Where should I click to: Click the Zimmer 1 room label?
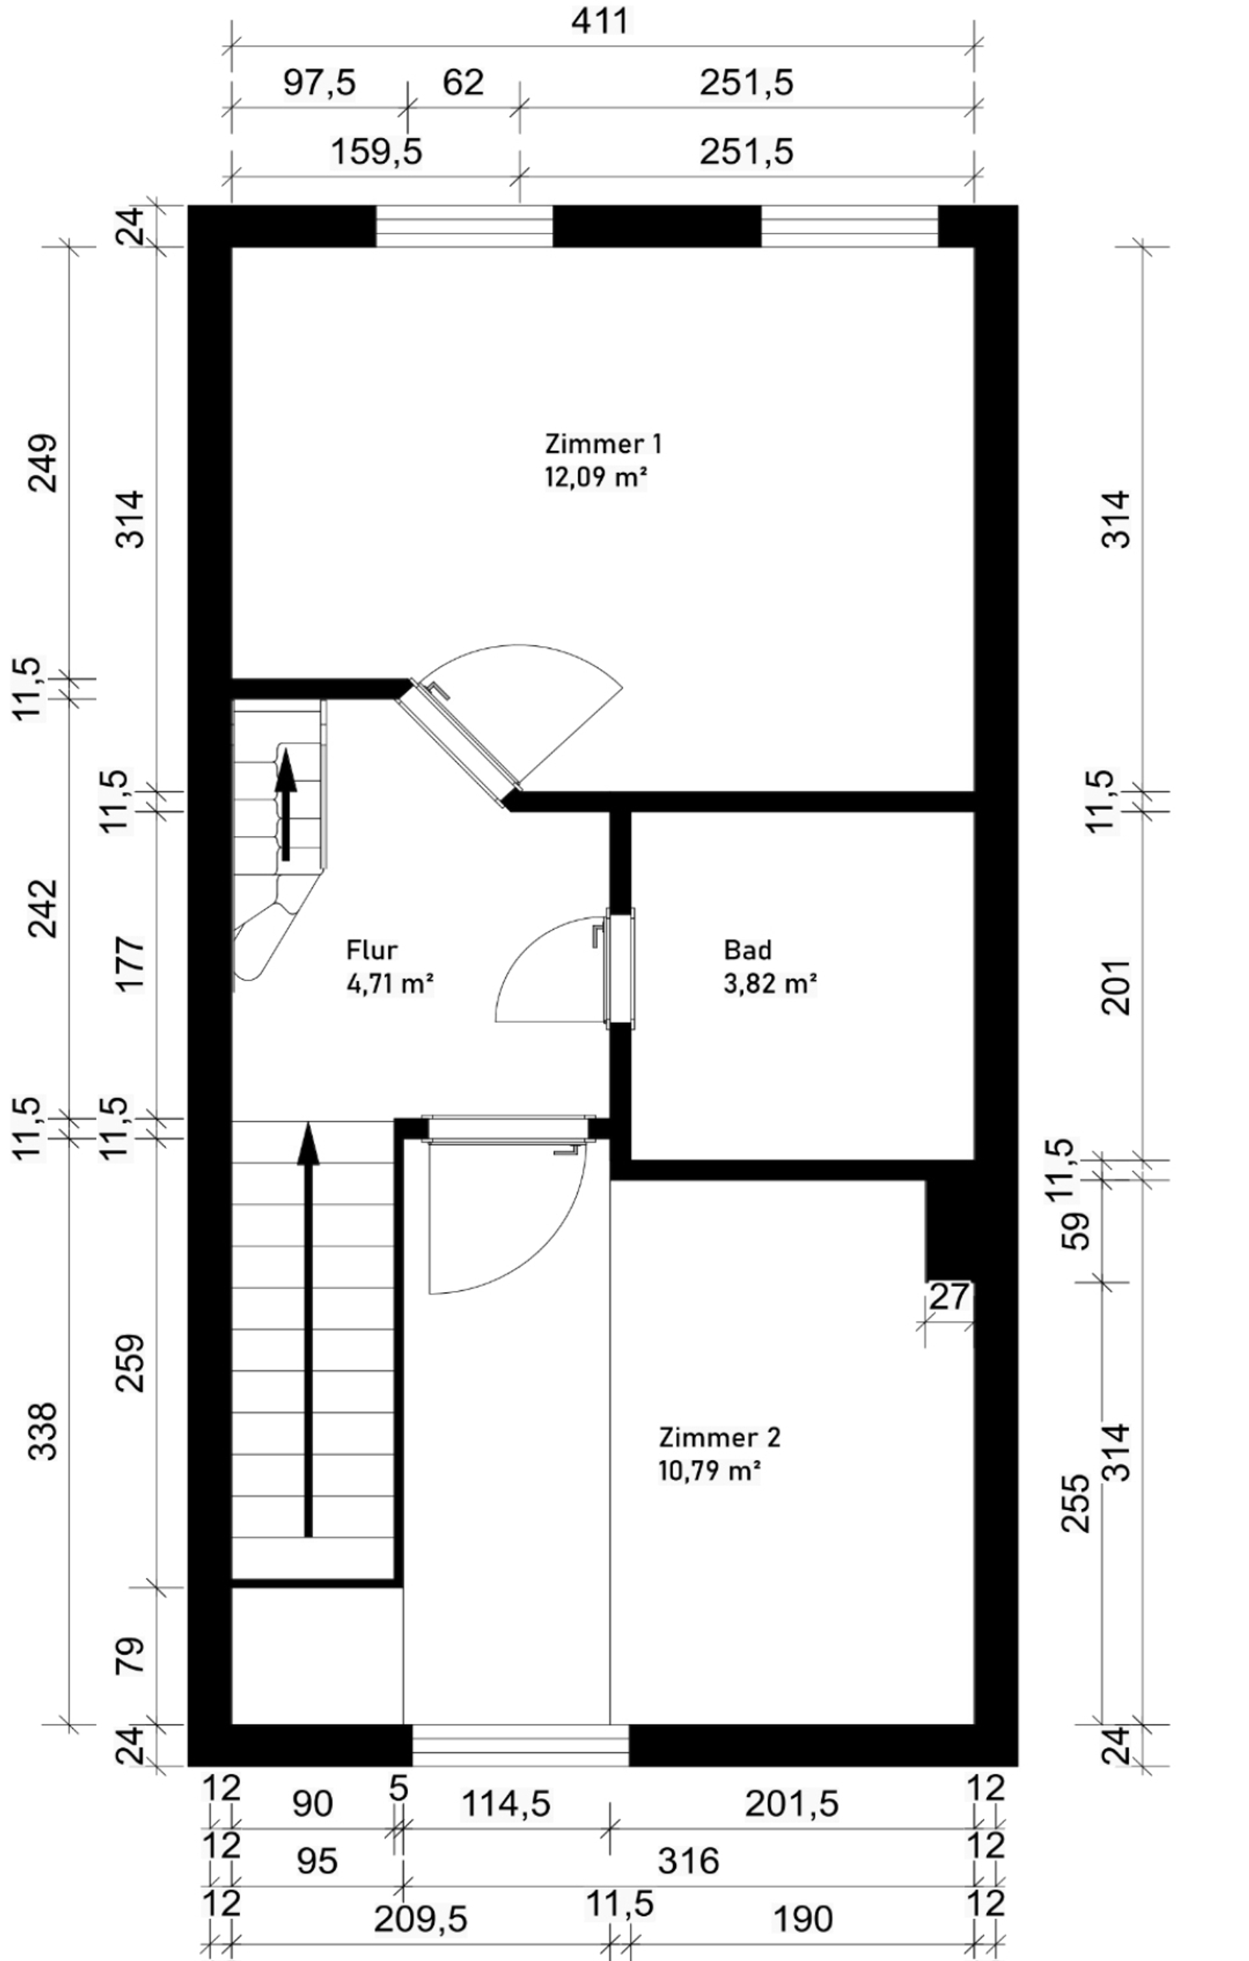pos(602,444)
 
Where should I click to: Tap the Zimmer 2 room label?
pos(719,1437)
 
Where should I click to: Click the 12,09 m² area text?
pos(595,476)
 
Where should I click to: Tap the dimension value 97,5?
pos(319,82)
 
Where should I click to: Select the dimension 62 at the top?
pos(463,82)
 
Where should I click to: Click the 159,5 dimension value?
pos(376,152)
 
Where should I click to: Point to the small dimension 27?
pos(949,1297)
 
